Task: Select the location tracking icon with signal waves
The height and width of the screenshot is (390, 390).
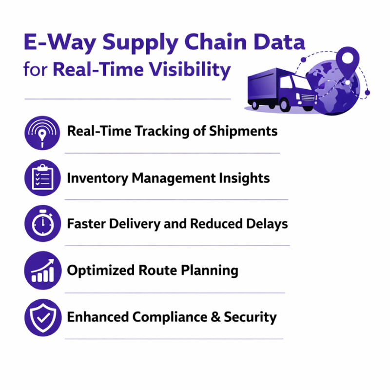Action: click(x=42, y=132)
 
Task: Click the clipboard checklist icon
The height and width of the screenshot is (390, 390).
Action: click(x=42, y=178)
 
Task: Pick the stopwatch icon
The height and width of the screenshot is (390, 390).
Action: click(x=42, y=224)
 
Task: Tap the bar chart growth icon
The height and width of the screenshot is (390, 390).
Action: click(x=42, y=271)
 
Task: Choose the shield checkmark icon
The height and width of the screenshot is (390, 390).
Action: click(x=42, y=317)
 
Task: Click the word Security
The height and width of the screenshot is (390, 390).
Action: click(x=250, y=317)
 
